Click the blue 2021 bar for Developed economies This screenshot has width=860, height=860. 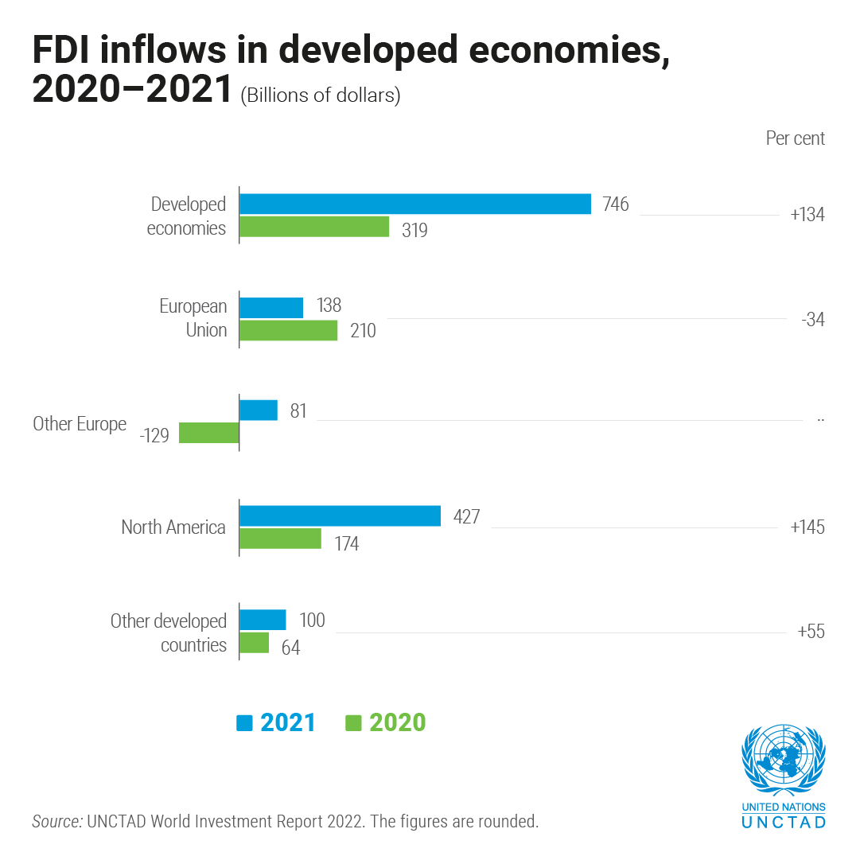(x=414, y=204)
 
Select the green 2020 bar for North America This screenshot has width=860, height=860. (x=280, y=539)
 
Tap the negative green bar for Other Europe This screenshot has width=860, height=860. (x=209, y=433)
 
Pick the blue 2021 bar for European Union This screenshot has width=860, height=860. (x=271, y=307)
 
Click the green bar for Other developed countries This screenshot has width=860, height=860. (x=254, y=643)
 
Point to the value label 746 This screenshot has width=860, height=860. (x=615, y=204)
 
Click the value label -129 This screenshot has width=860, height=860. (x=154, y=436)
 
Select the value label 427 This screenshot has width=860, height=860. (x=466, y=516)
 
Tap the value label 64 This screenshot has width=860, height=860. (x=290, y=648)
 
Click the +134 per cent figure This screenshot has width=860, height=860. (x=807, y=215)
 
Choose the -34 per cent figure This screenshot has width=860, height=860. (x=813, y=320)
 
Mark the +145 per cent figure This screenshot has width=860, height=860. (x=807, y=527)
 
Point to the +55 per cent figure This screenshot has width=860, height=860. (x=811, y=632)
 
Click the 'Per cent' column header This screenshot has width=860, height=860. (x=795, y=138)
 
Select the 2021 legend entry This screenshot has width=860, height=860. (x=277, y=722)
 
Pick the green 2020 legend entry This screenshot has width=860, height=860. (x=386, y=722)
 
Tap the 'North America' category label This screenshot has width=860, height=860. (x=173, y=527)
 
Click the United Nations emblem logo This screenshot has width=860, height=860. (x=784, y=761)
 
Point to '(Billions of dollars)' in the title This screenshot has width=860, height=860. (x=321, y=95)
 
